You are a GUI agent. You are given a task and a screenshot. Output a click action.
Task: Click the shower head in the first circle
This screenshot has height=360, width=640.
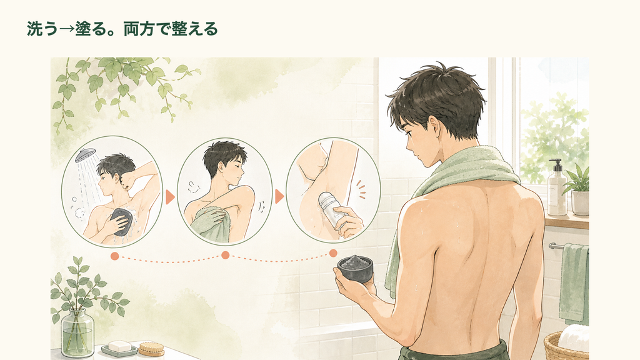pos(85,155)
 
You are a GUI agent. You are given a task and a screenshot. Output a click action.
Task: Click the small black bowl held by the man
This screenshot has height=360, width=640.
pos(355,267)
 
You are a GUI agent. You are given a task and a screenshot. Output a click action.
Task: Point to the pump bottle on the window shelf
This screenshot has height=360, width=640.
pos(557,188)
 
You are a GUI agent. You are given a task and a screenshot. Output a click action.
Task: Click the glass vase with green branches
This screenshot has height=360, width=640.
pos(77,332)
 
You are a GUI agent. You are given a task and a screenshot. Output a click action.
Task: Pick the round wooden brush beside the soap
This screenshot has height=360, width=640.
pos(151,349)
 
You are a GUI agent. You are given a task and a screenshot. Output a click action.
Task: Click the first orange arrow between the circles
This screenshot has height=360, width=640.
pos(170,197)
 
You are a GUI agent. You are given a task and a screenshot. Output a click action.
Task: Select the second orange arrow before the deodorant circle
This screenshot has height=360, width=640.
pos(279,196)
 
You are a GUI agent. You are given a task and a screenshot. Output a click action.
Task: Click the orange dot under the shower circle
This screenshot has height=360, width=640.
pos(115,256)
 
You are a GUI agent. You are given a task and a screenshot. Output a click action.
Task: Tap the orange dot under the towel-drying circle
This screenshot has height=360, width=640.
pos(225,255)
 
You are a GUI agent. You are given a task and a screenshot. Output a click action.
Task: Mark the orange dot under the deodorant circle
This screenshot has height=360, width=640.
pos(333,253)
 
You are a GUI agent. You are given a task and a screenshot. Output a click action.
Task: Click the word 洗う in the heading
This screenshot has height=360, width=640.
pos(42,29)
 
